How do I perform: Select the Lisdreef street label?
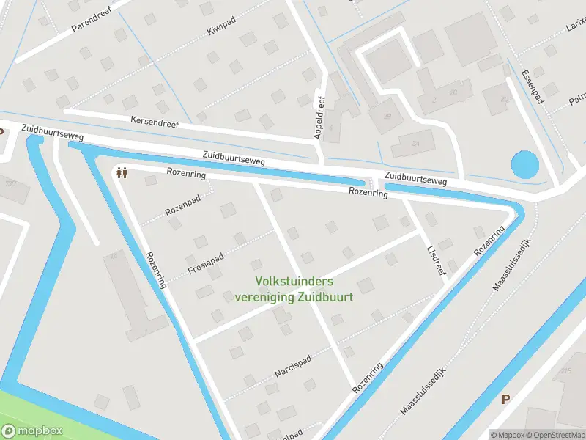point(436,260)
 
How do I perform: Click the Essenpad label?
point(531,87)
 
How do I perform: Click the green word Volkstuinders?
point(294,281)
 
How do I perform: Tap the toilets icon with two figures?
point(122,172)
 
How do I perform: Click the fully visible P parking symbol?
point(505,399)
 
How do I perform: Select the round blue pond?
point(524,164)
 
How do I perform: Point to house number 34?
point(416,142)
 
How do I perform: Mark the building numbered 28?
point(387,116)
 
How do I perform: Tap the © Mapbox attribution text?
point(506,435)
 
